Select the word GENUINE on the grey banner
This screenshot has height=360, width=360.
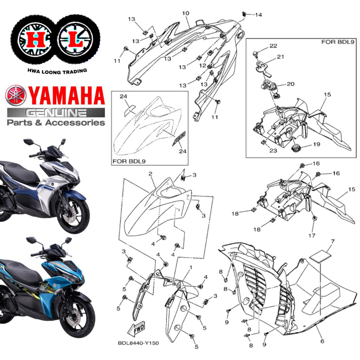pos(56,113)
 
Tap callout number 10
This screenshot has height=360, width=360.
pos(185,13)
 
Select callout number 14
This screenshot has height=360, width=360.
pos(258,15)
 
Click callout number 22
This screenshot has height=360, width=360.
pos(273,46)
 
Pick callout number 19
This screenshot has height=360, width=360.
pos(316,144)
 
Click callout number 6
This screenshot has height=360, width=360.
pos(322,341)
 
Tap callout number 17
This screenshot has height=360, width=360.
pos(312,235)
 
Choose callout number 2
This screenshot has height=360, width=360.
pos(150,174)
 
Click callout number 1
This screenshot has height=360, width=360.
pos(190,268)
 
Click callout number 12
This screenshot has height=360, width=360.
pos(202,66)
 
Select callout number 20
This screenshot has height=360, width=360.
pos(291,84)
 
